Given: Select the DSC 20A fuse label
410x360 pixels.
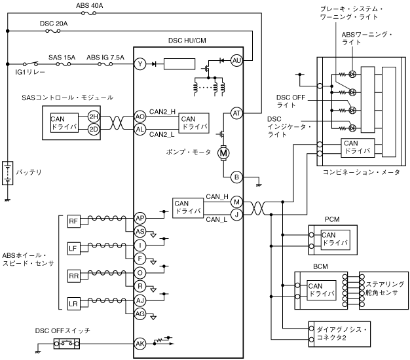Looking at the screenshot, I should click(x=54, y=23).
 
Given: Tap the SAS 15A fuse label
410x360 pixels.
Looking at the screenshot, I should click(x=62, y=58).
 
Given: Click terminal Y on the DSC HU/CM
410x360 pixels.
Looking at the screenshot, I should click(x=140, y=64).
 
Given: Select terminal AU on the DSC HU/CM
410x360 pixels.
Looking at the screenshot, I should click(x=237, y=60).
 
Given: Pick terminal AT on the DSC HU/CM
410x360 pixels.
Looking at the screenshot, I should click(x=236, y=113).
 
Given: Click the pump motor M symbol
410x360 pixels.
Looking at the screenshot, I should click(x=223, y=153).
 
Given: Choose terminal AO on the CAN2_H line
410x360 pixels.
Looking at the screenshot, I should click(x=140, y=116).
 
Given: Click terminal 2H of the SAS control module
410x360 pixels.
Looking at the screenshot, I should click(x=93, y=116).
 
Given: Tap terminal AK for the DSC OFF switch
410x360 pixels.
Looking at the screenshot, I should click(x=140, y=342).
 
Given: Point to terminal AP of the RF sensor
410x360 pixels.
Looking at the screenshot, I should click(x=140, y=217).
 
